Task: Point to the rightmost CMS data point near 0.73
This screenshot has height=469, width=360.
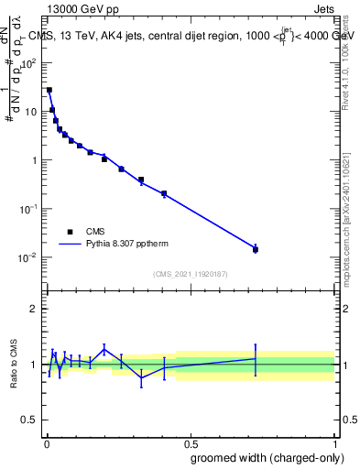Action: tap(256, 249)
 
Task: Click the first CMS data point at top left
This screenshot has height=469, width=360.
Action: tap(49, 90)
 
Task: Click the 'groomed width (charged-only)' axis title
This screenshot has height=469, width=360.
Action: tap(262, 457)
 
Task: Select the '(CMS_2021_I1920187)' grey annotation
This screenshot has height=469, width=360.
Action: tap(190, 273)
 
